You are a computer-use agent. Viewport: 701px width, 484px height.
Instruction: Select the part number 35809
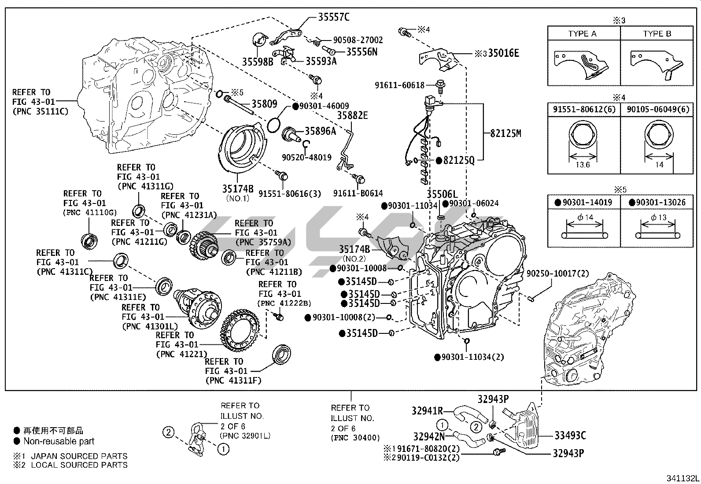[x=264, y=104]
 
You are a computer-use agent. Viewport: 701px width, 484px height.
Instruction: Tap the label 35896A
[x=320, y=131]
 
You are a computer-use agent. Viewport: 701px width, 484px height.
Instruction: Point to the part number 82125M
[x=505, y=133]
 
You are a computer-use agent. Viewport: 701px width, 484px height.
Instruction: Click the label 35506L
[x=442, y=194]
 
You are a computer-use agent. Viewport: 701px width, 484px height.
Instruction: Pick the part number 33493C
[x=570, y=436]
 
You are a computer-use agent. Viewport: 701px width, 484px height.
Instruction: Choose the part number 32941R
[x=427, y=410]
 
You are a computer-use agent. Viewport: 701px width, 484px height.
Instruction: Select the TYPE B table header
[x=657, y=34]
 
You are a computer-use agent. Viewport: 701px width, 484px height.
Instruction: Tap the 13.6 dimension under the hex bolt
[x=583, y=165]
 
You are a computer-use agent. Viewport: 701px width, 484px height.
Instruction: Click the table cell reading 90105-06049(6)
[x=657, y=109]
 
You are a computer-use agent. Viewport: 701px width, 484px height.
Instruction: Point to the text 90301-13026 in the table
[x=657, y=202]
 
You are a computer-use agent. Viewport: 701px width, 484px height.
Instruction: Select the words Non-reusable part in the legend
[x=59, y=441]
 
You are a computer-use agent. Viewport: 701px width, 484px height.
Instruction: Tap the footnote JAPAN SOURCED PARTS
[x=79, y=456]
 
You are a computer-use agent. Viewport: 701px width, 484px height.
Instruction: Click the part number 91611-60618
[x=399, y=85]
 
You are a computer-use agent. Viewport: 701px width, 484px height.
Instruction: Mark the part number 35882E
[x=352, y=115]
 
